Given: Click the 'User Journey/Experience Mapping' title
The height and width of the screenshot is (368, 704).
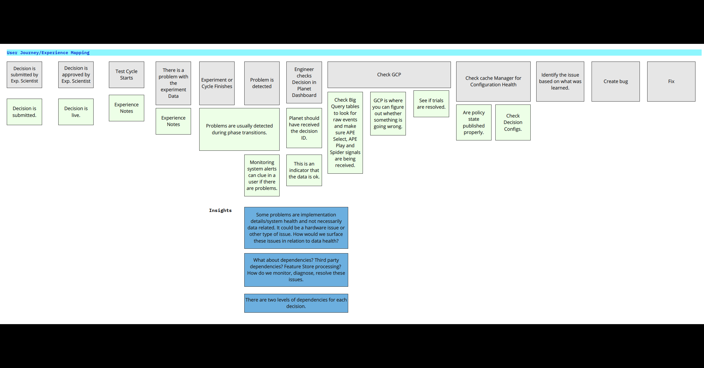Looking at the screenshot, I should point(48,53).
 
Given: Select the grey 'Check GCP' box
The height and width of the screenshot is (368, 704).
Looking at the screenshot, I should point(389,74).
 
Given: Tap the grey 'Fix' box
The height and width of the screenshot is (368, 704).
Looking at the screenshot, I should point(671,81).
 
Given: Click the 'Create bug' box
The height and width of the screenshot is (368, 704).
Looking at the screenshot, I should point(615,81).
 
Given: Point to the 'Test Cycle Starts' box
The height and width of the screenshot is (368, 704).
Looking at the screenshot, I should point(126,74).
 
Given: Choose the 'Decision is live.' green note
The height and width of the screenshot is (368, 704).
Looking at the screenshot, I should point(76,112).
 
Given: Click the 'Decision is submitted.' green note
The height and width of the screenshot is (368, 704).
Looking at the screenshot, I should point(24,112).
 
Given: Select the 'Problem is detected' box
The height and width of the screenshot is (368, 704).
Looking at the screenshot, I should point(262,83).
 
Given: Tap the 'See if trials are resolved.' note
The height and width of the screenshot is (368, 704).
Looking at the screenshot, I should point(431,104).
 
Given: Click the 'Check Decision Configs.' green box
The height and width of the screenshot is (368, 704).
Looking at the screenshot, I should point(513,122).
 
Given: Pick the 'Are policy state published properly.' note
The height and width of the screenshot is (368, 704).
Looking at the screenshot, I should point(474,122).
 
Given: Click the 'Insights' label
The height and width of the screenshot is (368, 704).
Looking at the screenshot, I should point(220,210).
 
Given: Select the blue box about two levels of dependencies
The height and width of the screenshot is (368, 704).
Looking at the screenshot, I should point(296,303).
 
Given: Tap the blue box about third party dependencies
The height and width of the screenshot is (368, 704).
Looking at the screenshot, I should point(296,270).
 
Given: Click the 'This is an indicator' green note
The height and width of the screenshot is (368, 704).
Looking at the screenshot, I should point(304,170).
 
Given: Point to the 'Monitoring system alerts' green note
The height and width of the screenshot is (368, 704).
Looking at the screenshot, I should point(262,175).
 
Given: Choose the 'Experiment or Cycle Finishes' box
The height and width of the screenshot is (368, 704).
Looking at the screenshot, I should point(217,83).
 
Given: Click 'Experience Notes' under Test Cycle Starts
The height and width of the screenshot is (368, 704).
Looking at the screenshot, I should point(126,108).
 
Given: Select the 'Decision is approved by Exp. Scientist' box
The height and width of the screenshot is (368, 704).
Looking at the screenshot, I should point(76,74).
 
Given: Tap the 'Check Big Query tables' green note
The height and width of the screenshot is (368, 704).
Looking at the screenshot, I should point(345,132).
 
